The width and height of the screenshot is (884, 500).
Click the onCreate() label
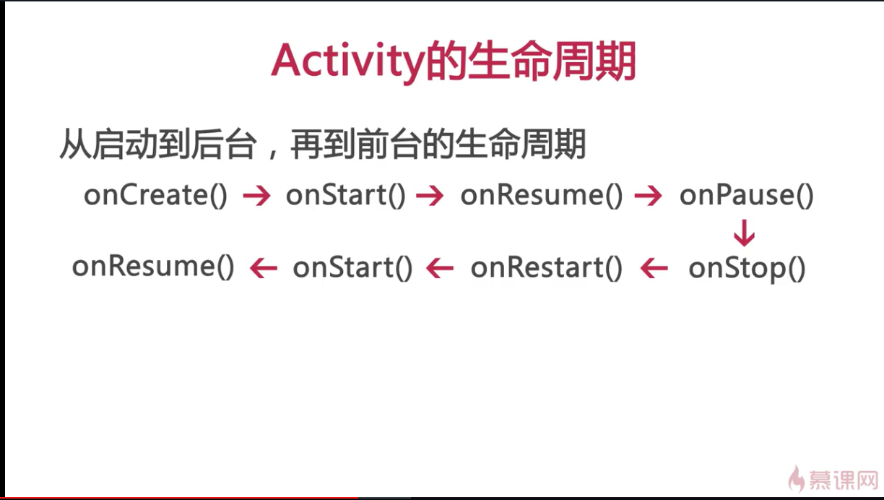(x=156, y=196)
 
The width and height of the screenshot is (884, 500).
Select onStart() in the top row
(x=346, y=196)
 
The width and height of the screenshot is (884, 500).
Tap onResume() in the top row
(x=542, y=196)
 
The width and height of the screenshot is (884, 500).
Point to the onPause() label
(x=746, y=196)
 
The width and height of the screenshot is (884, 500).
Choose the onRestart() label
(x=547, y=268)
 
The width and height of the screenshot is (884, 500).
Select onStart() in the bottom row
(x=353, y=268)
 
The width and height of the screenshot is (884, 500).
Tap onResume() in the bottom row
(x=153, y=267)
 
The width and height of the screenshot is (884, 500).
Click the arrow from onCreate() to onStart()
(x=256, y=196)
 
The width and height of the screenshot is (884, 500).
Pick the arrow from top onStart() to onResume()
(x=430, y=196)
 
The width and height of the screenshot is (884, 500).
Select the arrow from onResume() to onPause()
(x=648, y=196)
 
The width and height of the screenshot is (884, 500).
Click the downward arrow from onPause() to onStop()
(x=745, y=233)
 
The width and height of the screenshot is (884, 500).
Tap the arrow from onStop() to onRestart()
(x=654, y=268)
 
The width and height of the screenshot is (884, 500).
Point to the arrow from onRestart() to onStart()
(x=440, y=268)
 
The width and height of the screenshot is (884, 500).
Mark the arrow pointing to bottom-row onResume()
(x=264, y=268)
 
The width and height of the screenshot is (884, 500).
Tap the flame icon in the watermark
(x=797, y=478)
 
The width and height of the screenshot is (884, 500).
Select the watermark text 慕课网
(x=844, y=480)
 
